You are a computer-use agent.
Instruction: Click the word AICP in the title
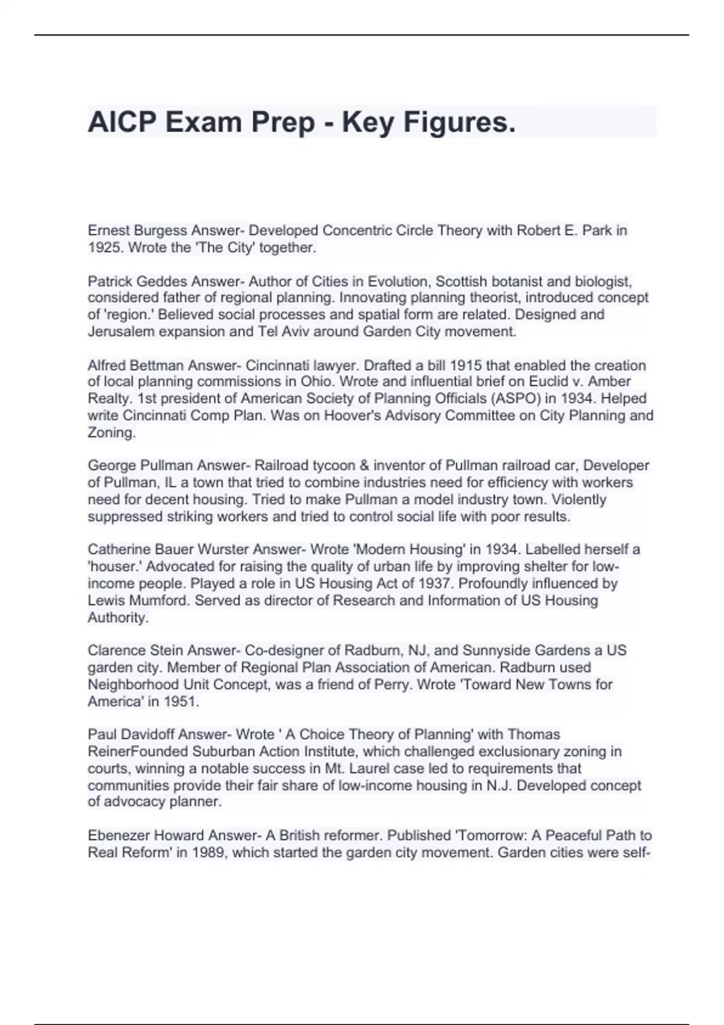tap(122, 122)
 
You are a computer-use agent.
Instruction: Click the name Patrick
tap(108, 281)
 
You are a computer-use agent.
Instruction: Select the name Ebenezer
tap(118, 835)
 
